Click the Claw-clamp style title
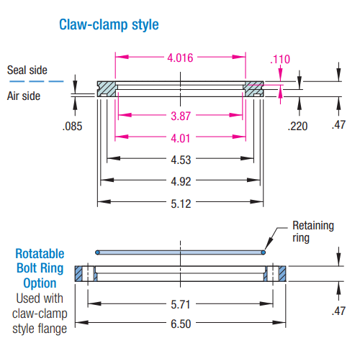coord(109,24)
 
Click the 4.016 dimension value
coord(180,58)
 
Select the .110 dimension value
coord(280,59)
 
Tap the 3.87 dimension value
coord(181,116)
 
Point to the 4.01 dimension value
coord(181,138)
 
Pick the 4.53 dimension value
coord(181,160)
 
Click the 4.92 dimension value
coord(181,181)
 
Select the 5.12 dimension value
coord(181,204)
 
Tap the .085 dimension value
coord(72,127)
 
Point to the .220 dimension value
coord(297,126)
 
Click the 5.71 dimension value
coord(181,305)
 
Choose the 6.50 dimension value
coord(181,324)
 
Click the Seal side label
coord(27,70)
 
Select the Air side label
coord(24,96)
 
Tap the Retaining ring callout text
coord(313,232)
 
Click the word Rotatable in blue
coord(40,254)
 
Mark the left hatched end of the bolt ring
coord(78,273)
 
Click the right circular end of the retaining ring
coord(264,252)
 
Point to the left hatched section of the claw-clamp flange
coord(107,89)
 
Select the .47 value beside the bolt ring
coord(338,311)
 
